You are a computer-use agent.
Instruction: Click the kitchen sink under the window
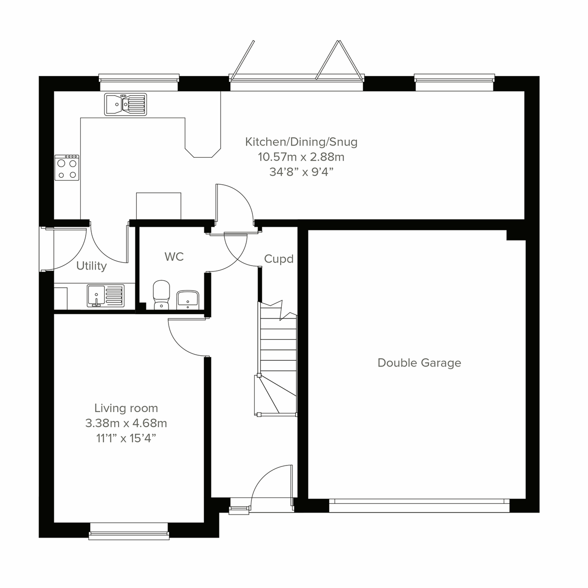click(125, 104)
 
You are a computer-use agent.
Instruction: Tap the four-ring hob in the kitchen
click(67, 168)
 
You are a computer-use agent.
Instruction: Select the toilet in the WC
click(161, 295)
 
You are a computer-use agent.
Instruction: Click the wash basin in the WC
click(187, 299)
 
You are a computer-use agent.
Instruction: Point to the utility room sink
click(105, 296)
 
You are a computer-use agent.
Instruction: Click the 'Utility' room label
click(92, 266)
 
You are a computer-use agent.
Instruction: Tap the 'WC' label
click(174, 257)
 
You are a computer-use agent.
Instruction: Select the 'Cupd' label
click(279, 259)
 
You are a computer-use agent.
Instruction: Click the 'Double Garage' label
click(419, 363)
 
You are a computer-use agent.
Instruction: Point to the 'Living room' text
click(126, 408)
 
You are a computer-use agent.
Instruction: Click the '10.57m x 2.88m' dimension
click(301, 157)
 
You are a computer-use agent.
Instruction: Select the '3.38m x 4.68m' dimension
click(126, 423)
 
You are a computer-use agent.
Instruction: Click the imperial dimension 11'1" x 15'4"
click(126, 438)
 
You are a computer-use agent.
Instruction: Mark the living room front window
click(129, 531)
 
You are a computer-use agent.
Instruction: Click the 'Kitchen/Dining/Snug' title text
click(301, 142)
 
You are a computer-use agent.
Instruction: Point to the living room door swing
click(186, 338)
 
